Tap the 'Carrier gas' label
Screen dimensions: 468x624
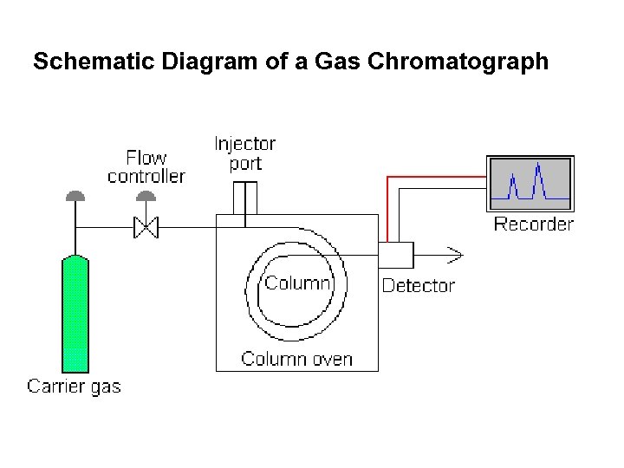coord(75,387)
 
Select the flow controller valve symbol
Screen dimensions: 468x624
coord(146,228)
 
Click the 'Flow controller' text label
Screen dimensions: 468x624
coord(146,166)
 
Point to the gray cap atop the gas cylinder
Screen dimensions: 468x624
coord(76,195)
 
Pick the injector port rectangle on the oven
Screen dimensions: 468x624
coord(245,198)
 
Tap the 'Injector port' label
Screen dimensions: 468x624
coord(245,153)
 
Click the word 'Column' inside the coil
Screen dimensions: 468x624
coord(297,283)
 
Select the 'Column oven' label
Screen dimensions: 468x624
coord(296,359)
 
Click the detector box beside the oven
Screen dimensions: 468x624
coord(396,256)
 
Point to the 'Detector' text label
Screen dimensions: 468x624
coord(418,286)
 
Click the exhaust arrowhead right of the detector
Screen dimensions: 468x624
coord(454,255)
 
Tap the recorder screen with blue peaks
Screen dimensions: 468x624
coord(530,183)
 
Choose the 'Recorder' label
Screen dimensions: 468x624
coord(533,224)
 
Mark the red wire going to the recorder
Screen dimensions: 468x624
coord(433,176)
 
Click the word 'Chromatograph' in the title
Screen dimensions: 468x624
coord(475,62)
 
